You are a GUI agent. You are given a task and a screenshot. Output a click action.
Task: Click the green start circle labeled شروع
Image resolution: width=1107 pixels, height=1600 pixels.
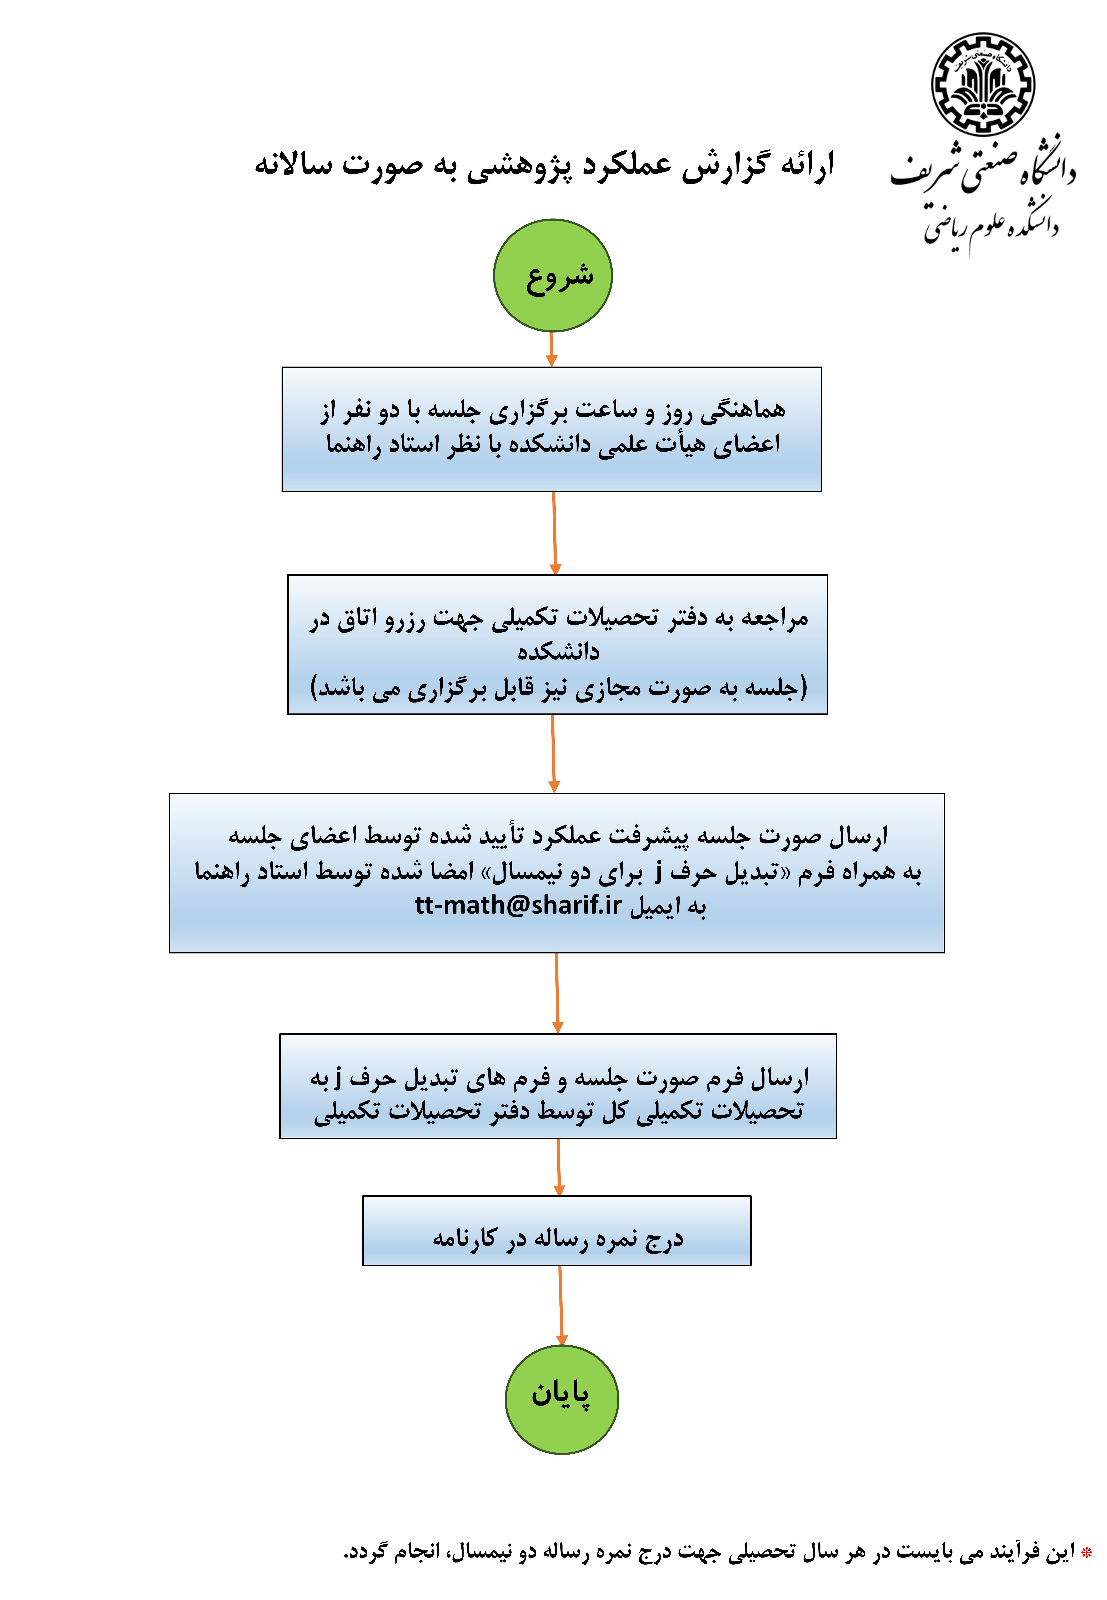tap(553, 275)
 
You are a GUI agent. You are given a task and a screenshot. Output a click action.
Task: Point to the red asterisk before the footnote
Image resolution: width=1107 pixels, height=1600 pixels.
tap(1086, 1551)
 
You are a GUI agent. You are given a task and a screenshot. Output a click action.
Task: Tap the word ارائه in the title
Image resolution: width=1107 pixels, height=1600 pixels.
tap(807, 165)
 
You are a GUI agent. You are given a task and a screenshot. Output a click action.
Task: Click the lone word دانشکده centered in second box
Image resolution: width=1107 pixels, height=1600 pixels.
tap(558, 652)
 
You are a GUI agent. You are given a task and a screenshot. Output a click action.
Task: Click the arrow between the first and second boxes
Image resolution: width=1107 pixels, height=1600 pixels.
tap(554, 533)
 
